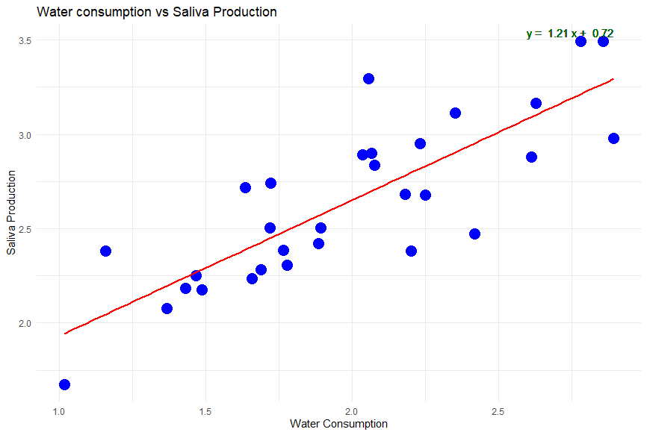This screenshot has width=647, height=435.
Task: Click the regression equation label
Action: coord(569,34)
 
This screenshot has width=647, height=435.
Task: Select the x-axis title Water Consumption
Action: coord(338,424)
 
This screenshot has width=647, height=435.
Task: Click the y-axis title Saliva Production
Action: coord(11,213)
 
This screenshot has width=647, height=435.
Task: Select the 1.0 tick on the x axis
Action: coord(59,411)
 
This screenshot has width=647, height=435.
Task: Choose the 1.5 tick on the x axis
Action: coord(205,411)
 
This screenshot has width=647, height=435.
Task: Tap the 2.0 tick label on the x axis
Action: coord(352,411)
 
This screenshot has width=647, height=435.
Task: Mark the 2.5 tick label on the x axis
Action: coord(498,411)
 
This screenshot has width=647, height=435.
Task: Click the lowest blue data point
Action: coord(64,384)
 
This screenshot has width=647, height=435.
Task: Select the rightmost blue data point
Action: coord(613,138)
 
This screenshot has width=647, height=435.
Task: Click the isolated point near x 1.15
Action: coord(105,251)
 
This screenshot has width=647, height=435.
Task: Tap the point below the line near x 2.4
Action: coord(474,234)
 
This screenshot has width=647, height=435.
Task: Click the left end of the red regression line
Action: coord(65,333)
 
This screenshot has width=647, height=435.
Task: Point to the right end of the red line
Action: coord(613,79)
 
